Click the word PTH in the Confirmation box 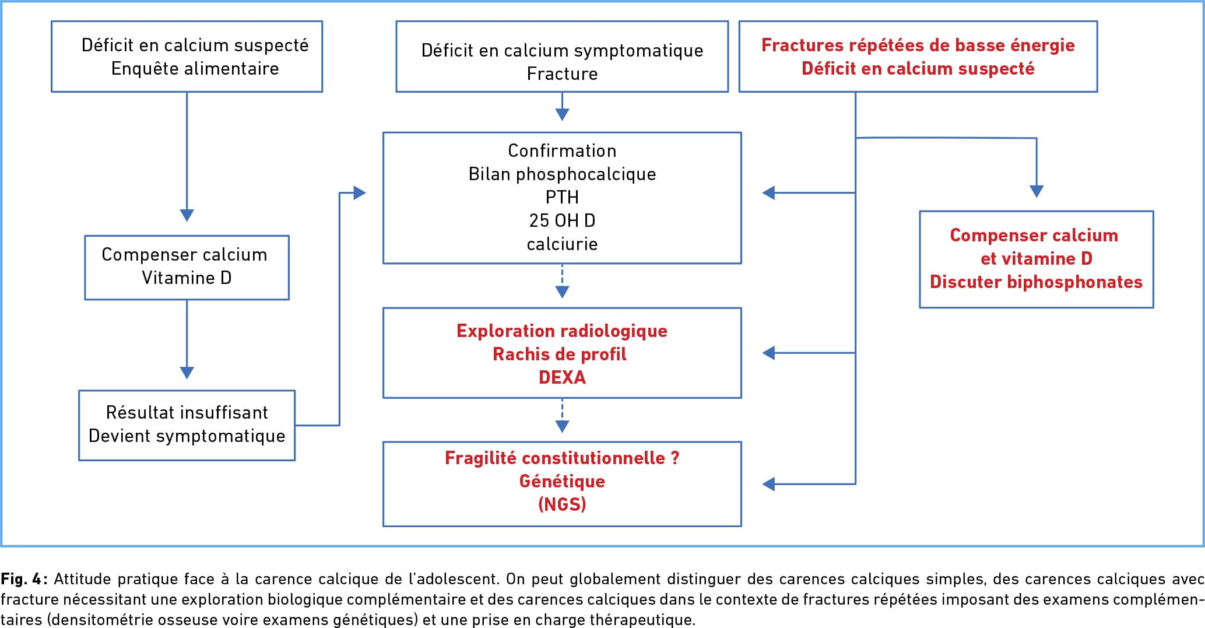[x=562, y=197]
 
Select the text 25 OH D [x=562, y=220]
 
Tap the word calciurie [x=562, y=244]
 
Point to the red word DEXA [x=562, y=377]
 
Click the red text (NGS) [x=562, y=504]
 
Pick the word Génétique [x=562, y=481]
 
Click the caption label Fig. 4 [x=24, y=579]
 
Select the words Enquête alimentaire [x=195, y=68]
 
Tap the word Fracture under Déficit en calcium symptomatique [x=562, y=73]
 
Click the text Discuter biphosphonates [x=1036, y=282]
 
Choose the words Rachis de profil [x=560, y=354]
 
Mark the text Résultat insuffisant [x=187, y=412]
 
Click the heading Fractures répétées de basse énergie [x=918, y=45]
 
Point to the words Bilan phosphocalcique [x=562, y=174]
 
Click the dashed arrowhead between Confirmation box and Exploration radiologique [x=562, y=292]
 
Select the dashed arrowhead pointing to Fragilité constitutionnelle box [x=562, y=426]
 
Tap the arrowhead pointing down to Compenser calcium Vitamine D [x=187, y=215]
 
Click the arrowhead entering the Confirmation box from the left [x=360, y=192]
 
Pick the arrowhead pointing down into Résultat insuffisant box [x=187, y=373]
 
